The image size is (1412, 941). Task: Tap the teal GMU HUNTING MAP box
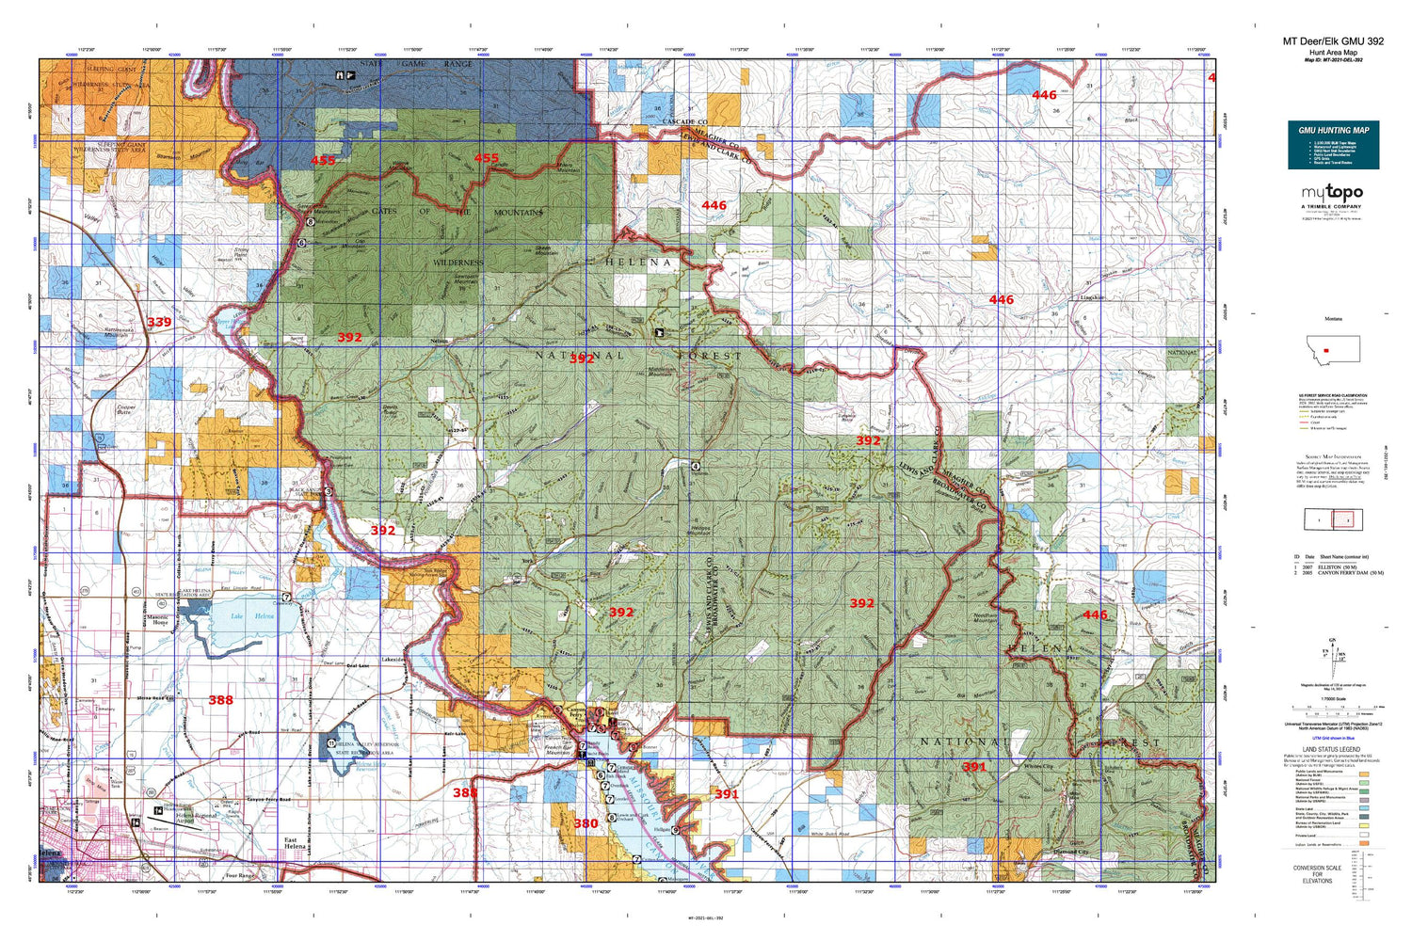pyautogui.click(x=1333, y=145)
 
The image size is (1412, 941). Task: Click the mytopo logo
pyautogui.click(x=1332, y=193)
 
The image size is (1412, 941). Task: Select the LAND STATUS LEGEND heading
pyautogui.click(x=1331, y=749)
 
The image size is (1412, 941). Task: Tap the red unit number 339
pyautogui.click(x=159, y=322)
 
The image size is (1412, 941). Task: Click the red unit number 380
pyautogui.click(x=586, y=823)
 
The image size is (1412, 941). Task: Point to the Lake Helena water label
pyautogui.click(x=251, y=616)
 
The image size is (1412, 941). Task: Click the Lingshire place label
pyautogui.click(x=1065, y=297)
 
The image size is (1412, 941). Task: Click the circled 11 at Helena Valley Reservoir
pyautogui.click(x=330, y=743)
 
